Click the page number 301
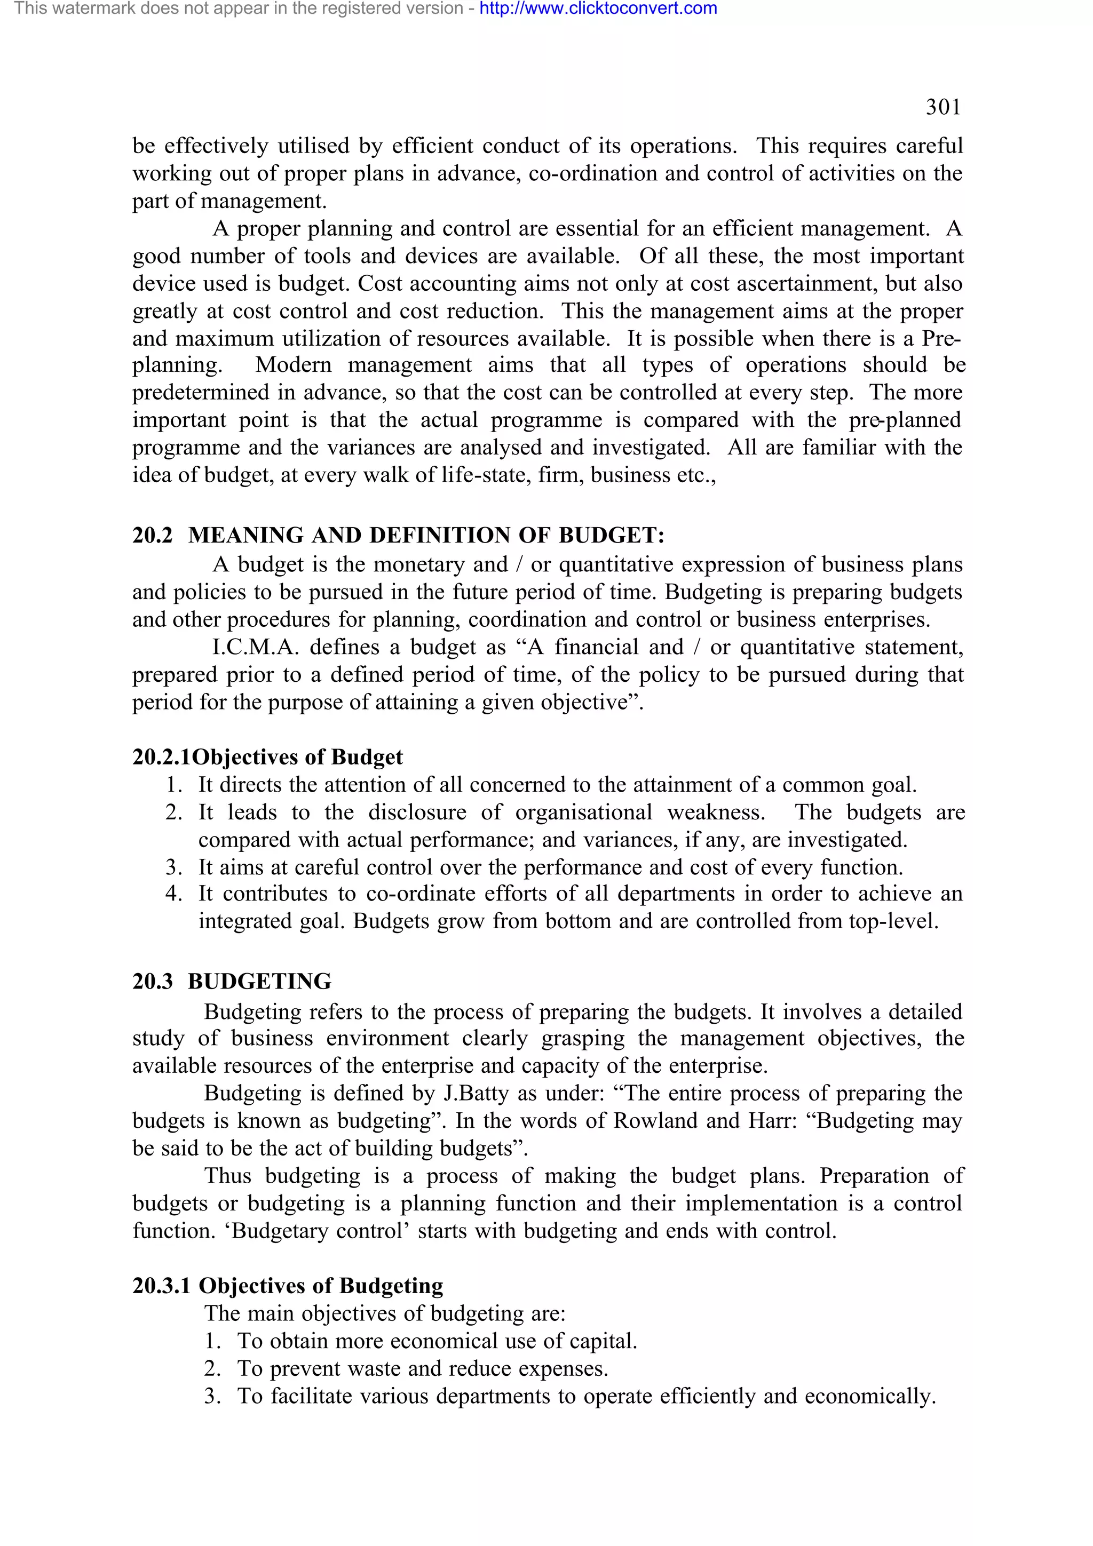point(943,107)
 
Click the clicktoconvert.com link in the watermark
point(598,9)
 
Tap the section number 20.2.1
point(162,758)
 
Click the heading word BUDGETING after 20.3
point(259,982)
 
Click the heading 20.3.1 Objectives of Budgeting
point(288,1286)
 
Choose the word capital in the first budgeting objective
point(602,1341)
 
